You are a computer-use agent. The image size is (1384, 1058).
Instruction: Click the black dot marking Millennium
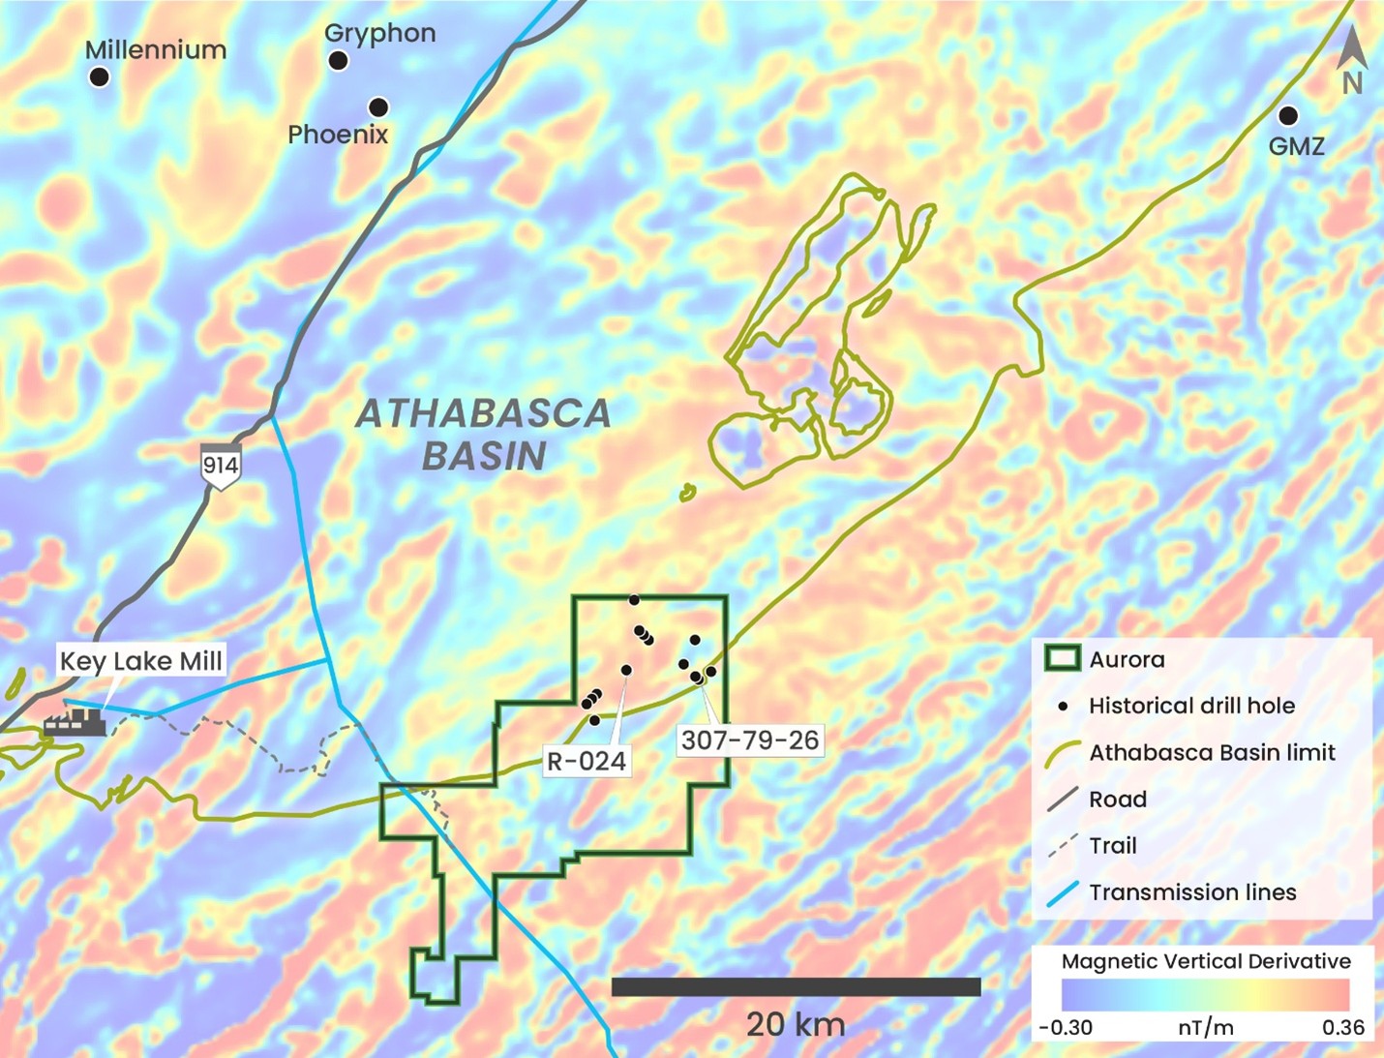click(99, 77)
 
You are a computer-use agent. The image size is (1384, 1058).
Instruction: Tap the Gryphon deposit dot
click(338, 61)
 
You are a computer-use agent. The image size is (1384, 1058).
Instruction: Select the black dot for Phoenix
click(378, 106)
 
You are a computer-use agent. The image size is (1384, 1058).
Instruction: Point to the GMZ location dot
click(1287, 116)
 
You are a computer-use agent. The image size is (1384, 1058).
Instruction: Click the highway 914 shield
click(220, 467)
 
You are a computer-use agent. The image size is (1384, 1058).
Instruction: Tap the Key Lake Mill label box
click(141, 661)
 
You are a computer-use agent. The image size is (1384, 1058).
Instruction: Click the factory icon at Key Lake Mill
click(75, 721)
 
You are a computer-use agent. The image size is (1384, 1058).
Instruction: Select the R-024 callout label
click(587, 761)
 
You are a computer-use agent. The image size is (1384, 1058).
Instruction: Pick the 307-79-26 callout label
click(749, 741)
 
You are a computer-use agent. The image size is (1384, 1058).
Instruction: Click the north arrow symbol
click(1352, 58)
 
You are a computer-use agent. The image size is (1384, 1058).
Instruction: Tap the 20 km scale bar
click(796, 986)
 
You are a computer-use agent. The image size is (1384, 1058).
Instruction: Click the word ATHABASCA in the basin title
click(483, 414)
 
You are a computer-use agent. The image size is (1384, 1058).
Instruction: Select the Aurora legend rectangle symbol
click(1062, 659)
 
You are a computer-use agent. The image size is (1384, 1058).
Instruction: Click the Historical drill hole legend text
click(1191, 706)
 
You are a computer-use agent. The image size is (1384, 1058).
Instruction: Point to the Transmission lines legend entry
click(1192, 892)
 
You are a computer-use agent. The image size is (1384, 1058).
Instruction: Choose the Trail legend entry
click(1113, 846)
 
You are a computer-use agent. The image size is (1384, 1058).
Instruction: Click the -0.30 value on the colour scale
click(1066, 1028)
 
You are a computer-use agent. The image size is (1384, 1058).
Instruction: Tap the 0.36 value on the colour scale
click(1342, 1028)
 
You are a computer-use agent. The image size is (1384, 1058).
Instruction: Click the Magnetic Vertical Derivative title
click(1205, 961)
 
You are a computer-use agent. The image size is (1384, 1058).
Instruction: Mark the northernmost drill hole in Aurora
click(634, 600)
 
